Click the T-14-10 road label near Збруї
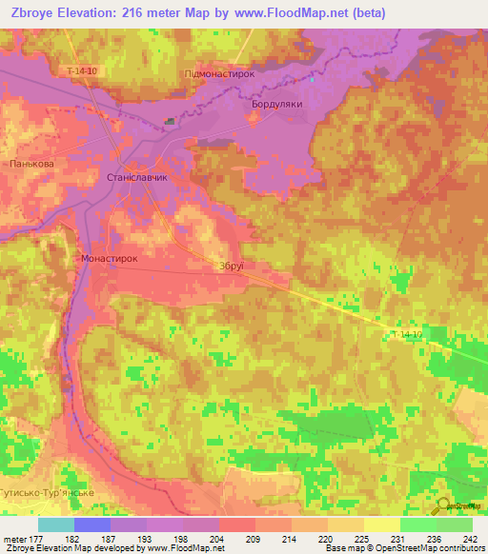click(406, 335)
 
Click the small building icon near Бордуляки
click(171, 121)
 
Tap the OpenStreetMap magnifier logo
click(443, 506)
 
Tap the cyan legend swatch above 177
click(55, 524)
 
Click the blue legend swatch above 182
click(91, 524)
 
